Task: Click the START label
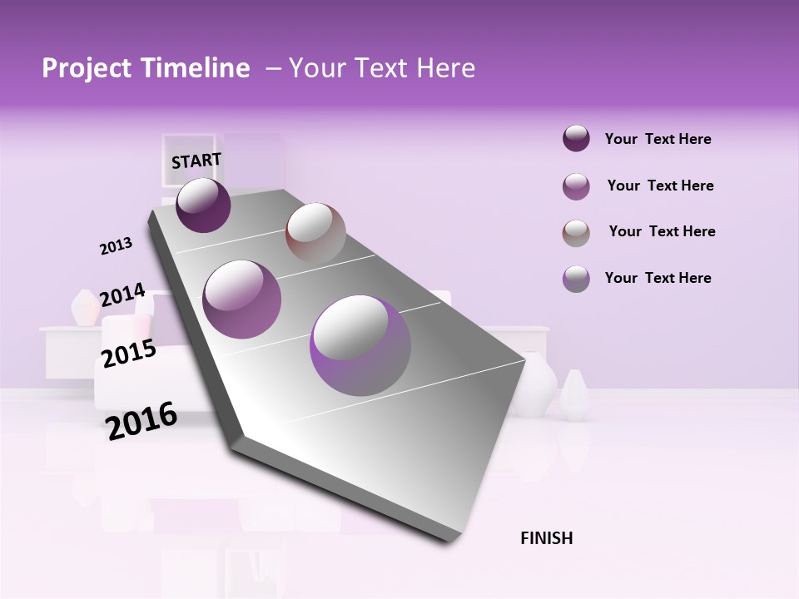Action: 196,161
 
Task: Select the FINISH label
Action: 546,538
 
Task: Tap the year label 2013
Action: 116,246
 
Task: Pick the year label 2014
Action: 122,295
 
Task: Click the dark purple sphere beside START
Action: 203,205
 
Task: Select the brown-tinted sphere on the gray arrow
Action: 315,232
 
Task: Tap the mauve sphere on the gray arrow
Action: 242,299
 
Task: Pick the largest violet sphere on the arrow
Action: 360,345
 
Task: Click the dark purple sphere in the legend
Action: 576,138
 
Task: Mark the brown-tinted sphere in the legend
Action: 576,232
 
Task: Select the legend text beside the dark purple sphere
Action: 658,139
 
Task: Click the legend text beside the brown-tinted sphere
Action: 662,231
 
